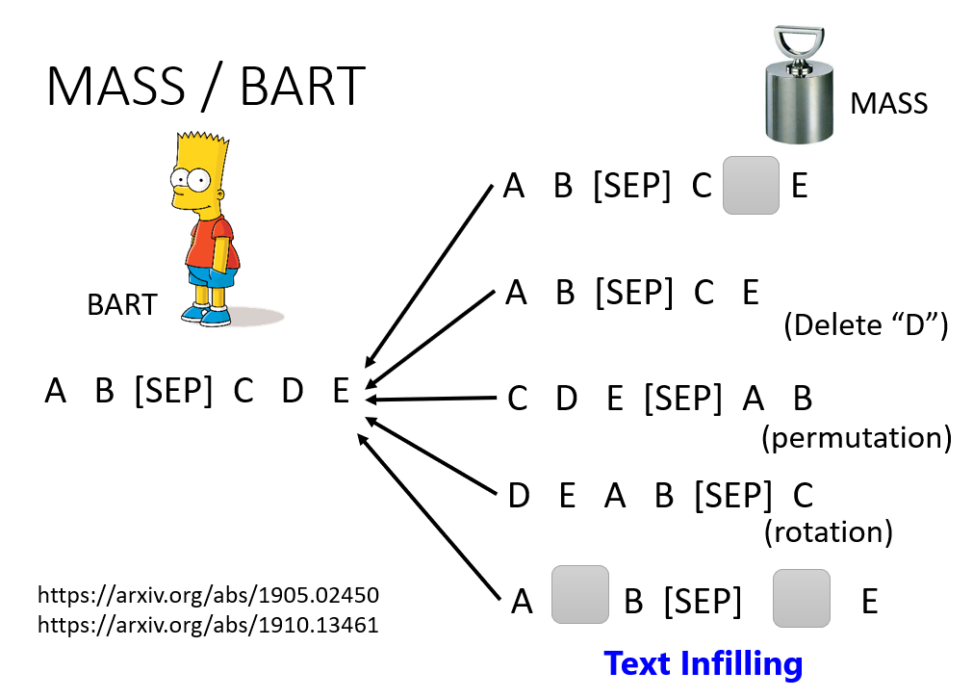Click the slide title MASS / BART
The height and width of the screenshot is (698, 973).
click(206, 87)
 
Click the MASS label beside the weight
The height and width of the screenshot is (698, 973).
click(888, 103)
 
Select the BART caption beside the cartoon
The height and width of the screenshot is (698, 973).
click(122, 305)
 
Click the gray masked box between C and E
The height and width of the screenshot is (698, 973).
click(751, 185)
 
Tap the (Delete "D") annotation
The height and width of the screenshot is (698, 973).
click(866, 324)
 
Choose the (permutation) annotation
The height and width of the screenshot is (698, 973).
click(857, 438)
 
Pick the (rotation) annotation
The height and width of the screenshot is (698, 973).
click(829, 532)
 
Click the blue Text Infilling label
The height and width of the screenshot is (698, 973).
click(704, 664)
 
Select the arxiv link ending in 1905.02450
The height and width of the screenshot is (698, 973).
click(208, 595)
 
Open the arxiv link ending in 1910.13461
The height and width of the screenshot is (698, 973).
click(208, 624)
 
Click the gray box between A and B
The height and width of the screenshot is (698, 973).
click(580, 594)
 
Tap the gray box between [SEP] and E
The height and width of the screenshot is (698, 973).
click(801, 598)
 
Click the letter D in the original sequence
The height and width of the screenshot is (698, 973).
click(293, 391)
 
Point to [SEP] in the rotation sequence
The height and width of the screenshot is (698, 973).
click(733, 496)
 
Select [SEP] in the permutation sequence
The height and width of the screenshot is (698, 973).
click(683, 398)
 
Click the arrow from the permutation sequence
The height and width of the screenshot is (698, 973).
click(430, 399)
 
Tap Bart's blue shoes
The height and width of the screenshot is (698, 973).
click(207, 315)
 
